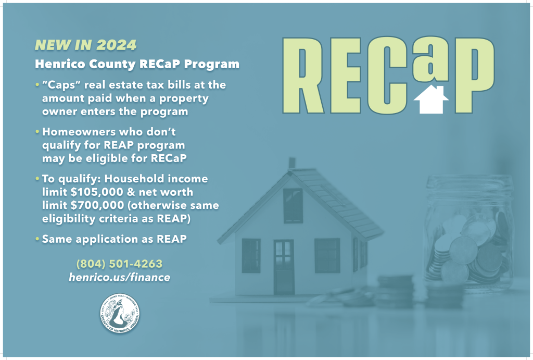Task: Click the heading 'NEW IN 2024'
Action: (x=85, y=45)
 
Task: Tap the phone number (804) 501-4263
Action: (x=119, y=264)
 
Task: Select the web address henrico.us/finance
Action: (x=119, y=277)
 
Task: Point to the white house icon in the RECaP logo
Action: (x=431, y=101)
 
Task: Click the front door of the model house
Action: (x=284, y=266)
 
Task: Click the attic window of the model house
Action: (x=293, y=205)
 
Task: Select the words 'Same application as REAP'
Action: (x=114, y=239)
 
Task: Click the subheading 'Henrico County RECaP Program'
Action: (x=137, y=65)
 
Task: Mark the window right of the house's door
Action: (x=327, y=255)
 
